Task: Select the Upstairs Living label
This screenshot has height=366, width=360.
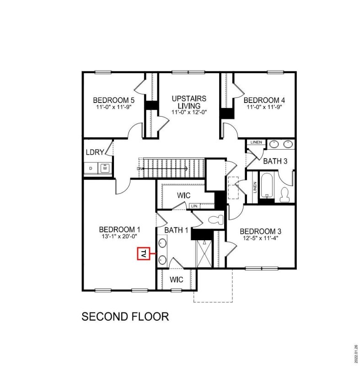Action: click(x=189, y=102)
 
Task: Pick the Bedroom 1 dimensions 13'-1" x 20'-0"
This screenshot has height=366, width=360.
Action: click(x=119, y=237)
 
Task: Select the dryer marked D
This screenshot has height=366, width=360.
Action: click(x=91, y=169)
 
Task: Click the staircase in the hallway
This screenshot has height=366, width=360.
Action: click(x=172, y=168)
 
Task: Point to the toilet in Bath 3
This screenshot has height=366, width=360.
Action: click(x=285, y=194)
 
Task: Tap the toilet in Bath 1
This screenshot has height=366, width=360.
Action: click(x=215, y=220)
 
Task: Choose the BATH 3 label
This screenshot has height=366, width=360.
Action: click(x=275, y=161)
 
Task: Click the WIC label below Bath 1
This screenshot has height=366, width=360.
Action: click(x=177, y=279)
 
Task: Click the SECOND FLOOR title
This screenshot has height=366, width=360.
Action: click(x=125, y=316)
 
